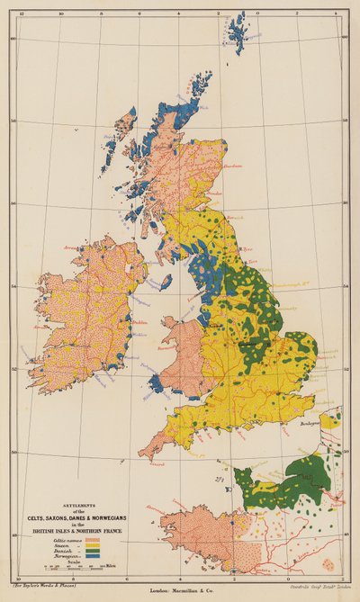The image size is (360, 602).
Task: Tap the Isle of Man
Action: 166,282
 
